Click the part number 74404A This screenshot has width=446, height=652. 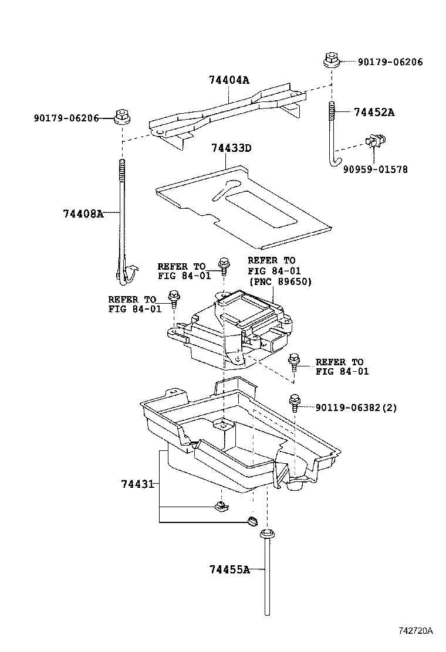[228, 81]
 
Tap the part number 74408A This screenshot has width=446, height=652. [83, 213]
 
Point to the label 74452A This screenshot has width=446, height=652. [374, 113]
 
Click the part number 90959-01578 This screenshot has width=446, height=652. [376, 169]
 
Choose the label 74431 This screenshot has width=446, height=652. [137, 484]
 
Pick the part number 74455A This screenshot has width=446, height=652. [229, 569]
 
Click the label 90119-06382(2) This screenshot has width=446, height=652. [356, 407]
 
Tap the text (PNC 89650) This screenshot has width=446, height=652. [280, 281]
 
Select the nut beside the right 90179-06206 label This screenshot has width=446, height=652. [330, 60]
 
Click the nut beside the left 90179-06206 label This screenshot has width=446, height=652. [122, 118]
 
